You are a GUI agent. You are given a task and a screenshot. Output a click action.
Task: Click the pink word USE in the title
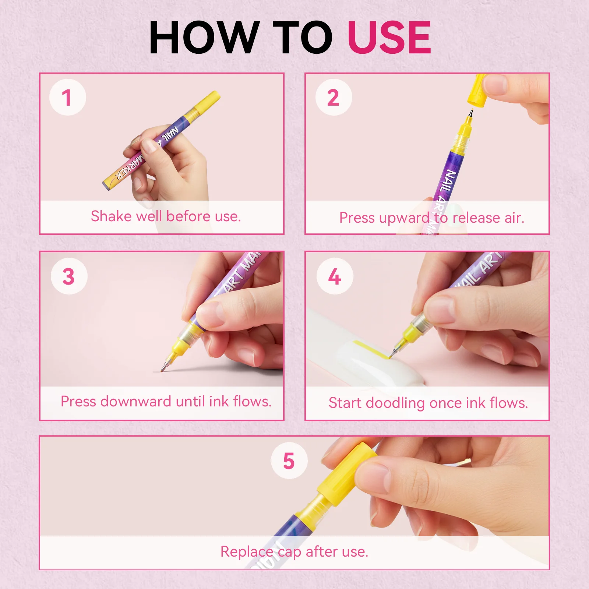pos(389,37)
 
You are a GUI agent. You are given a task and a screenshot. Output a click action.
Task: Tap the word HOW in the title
pos(204,37)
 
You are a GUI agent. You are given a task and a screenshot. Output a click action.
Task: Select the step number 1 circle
pos(67,97)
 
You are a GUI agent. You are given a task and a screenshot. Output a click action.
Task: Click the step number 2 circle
pos(334,97)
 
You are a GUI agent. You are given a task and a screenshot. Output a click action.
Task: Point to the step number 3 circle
pos(69,276)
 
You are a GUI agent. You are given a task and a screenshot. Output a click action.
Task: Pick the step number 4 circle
pos(335,276)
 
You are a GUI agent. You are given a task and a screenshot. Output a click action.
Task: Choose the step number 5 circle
pos(289,461)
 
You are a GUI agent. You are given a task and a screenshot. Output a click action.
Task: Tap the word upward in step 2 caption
pos(404,218)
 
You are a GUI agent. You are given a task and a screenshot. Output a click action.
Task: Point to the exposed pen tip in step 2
pos(470,113)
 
